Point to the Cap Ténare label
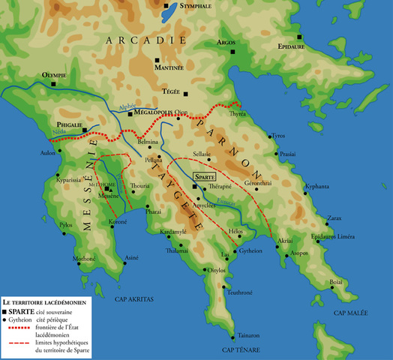coord(240,350)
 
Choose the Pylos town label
coord(66,224)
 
